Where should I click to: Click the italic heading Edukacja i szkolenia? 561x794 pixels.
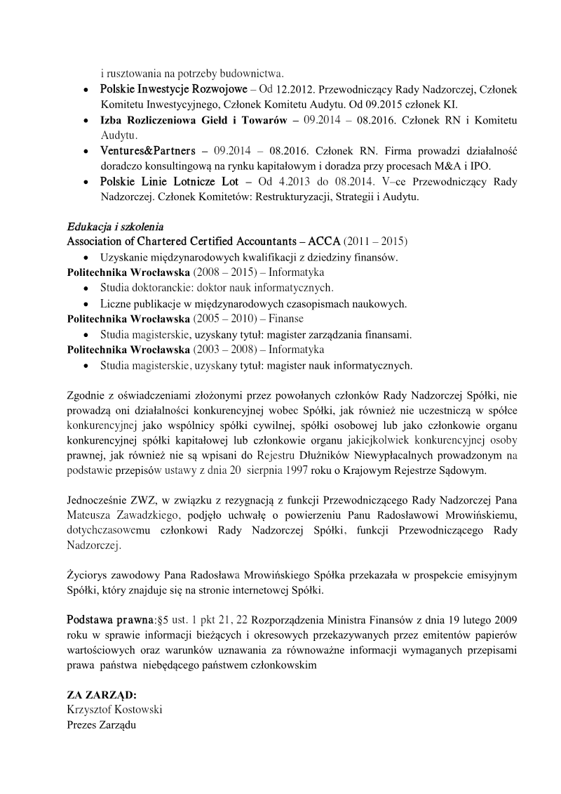tap(115, 227)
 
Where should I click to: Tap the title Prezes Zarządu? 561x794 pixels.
tap(101, 724)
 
